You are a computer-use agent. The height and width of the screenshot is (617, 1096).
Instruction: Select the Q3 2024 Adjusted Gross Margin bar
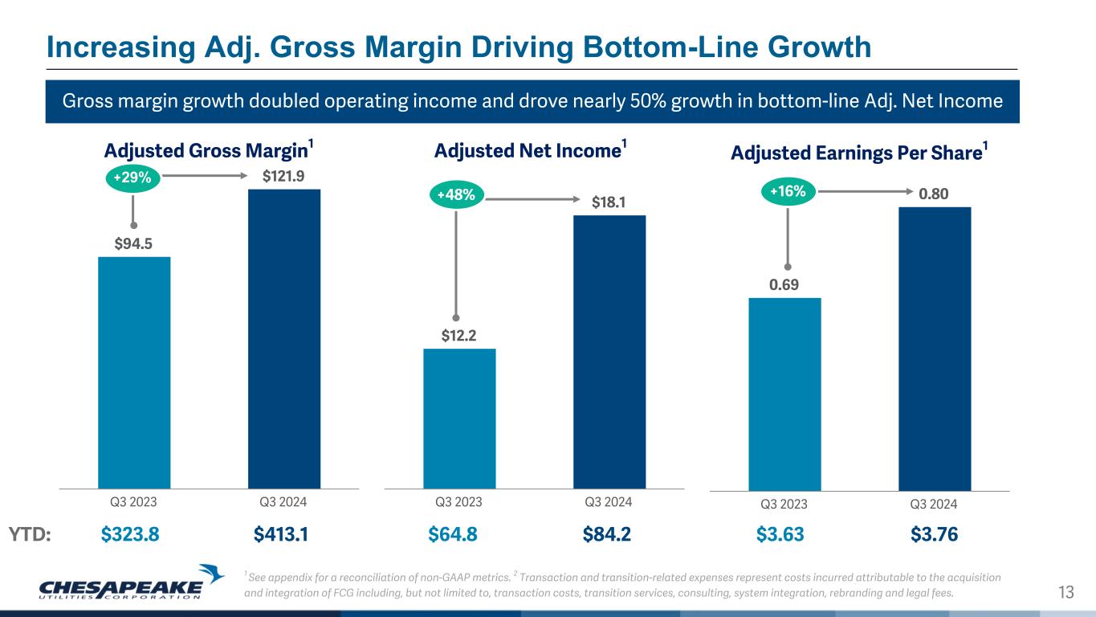[x=284, y=338]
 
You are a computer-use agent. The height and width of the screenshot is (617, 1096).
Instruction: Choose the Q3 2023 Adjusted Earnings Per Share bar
[x=784, y=394]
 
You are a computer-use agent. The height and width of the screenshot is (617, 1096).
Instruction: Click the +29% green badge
[x=132, y=178]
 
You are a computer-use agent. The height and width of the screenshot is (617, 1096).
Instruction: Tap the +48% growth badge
[x=457, y=194]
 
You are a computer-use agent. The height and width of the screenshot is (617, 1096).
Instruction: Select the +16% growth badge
[x=788, y=191]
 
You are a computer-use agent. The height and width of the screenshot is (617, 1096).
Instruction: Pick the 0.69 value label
[x=784, y=284]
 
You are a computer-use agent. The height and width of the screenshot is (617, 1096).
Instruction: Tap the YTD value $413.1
[x=281, y=534]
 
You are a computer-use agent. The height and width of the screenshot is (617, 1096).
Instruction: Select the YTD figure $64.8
[x=453, y=534]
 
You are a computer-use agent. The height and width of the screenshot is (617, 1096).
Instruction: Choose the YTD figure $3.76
[x=935, y=534]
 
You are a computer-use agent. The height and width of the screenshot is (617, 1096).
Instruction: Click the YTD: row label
[x=30, y=534]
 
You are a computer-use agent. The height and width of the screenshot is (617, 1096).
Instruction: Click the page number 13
[x=1066, y=593]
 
